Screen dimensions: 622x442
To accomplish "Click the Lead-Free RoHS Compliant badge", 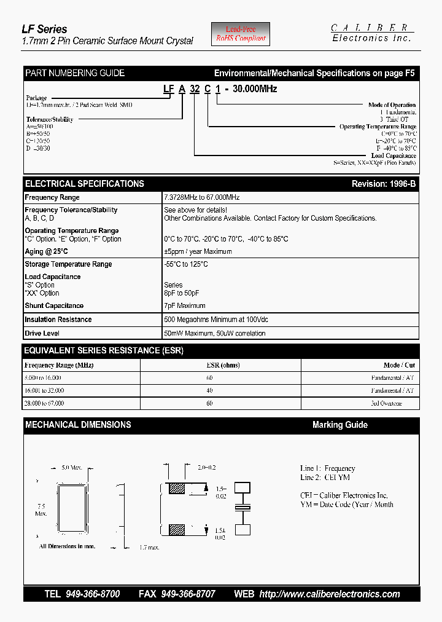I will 241,34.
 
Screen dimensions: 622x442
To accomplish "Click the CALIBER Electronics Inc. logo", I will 371,33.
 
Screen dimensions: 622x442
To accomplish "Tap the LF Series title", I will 45,29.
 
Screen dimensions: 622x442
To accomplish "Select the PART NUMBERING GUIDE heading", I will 75,73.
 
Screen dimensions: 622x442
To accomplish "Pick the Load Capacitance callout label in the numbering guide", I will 394,156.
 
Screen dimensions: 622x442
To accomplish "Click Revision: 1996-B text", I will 383,184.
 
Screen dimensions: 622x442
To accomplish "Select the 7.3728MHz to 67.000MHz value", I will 201,198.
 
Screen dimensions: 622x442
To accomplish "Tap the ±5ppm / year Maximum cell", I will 198,251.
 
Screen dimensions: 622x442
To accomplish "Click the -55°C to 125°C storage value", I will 186,264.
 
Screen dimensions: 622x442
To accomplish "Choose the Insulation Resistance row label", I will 58,320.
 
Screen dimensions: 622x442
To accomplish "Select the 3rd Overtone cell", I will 386,403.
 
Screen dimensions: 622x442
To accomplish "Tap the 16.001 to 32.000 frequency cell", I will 44,390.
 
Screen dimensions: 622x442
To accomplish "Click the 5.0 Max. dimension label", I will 72,468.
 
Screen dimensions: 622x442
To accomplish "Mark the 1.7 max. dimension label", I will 150,547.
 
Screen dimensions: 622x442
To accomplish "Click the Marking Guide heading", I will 340,425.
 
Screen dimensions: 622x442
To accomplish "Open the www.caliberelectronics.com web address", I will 330,594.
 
